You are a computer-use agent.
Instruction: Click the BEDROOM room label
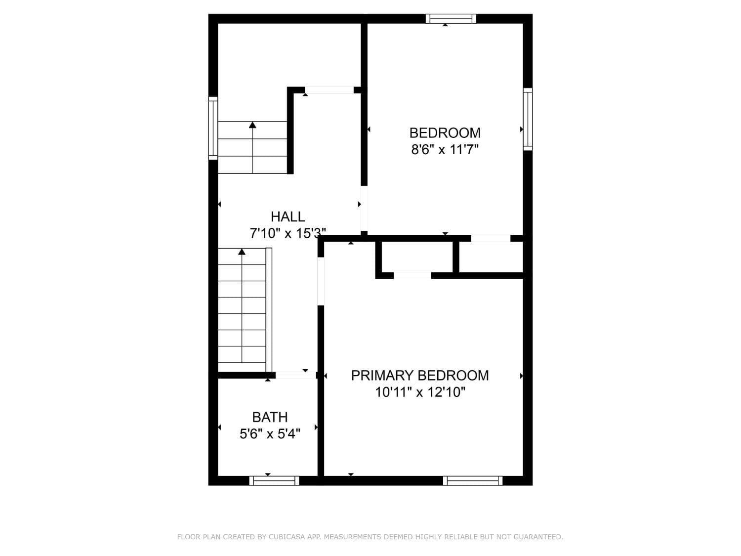[445, 132]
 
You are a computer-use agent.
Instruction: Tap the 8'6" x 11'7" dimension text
[445, 149]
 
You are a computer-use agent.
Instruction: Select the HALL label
[288, 216]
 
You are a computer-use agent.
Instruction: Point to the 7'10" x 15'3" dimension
[288, 233]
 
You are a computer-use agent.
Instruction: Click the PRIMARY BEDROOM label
[420, 376]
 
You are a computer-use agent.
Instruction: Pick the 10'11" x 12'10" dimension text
[420, 392]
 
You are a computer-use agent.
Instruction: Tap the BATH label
[270, 417]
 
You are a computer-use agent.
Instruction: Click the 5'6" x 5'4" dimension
[270, 434]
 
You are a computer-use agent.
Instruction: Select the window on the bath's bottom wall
[274, 480]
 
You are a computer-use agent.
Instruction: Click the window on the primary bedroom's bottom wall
[473, 480]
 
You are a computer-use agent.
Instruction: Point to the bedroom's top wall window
[451, 19]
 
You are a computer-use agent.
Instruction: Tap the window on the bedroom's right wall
[528, 119]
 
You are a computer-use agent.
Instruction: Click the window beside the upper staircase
[213, 128]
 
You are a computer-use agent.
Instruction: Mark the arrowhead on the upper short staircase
[252, 125]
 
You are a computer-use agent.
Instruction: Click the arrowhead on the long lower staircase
[242, 252]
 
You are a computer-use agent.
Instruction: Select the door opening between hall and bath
[295, 375]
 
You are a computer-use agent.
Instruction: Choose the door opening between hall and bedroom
[364, 208]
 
